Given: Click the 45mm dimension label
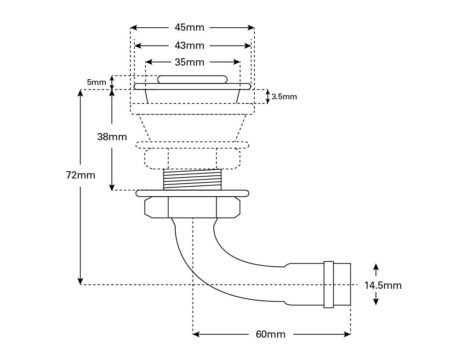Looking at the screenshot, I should point(189,28).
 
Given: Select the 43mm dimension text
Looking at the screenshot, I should point(189,45).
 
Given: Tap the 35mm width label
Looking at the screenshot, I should point(189,62).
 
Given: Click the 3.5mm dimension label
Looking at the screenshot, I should point(284,97).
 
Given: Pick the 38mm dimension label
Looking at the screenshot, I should point(112,137).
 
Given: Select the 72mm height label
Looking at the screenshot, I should point(80,175).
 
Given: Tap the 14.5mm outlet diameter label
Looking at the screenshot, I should point(383,285).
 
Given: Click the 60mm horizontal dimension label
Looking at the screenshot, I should point(270,334).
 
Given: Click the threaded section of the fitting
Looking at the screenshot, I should point(192,179).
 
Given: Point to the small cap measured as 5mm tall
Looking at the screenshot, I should point(192,79).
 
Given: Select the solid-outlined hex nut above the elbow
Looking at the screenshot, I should point(192,207).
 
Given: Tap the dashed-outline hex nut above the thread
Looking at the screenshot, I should point(192,158).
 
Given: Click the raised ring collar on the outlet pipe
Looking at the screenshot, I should point(328,284).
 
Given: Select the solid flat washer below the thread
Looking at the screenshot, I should point(192,193).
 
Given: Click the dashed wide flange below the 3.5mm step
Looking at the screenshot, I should point(192,109).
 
